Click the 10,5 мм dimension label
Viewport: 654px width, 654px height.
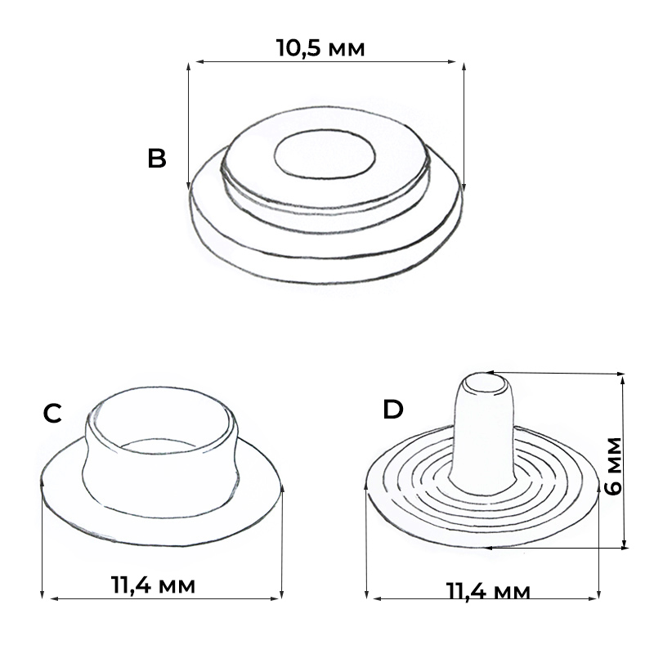pos(320,48)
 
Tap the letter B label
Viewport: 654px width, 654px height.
pos(157,159)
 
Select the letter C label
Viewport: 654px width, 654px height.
pos(52,414)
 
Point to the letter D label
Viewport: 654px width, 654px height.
pos(393,410)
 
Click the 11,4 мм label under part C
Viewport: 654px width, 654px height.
pos(153,585)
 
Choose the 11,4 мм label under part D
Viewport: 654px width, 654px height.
pos(488,591)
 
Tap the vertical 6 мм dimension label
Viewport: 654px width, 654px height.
pos(614,466)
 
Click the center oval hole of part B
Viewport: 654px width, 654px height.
pos(325,154)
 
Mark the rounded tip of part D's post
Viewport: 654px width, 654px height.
pos(485,383)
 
